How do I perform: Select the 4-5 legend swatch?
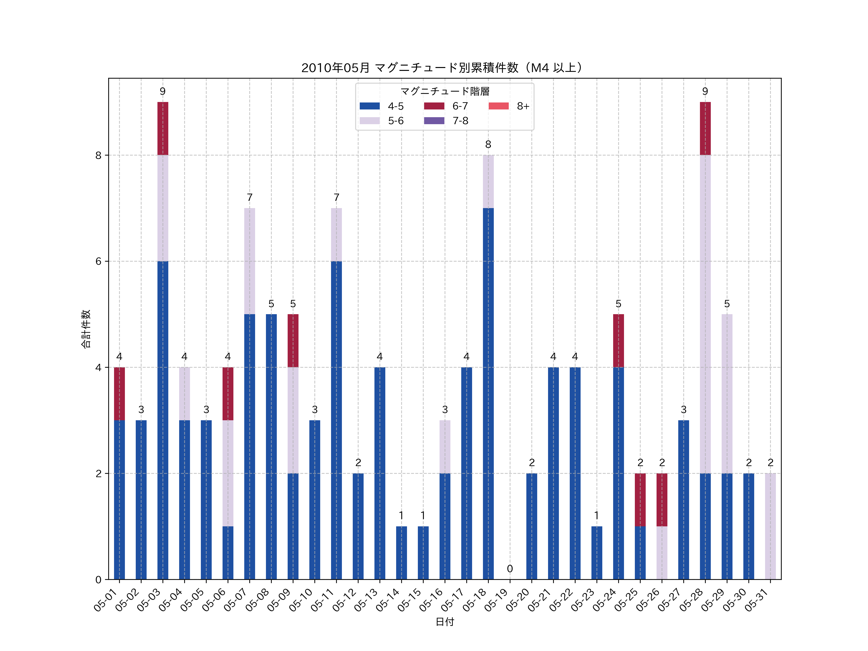click(370, 106)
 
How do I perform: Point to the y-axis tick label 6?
click(98, 261)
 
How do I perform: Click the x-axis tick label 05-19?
click(497, 600)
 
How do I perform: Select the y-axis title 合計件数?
click(86, 329)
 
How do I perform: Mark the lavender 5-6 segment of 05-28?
click(705, 314)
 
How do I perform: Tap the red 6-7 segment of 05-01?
click(119, 393)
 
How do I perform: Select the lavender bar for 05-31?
click(770, 526)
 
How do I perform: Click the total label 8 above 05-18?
click(488, 144)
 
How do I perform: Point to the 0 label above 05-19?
click(510, 569)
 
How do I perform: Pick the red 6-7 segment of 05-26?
click(662, 500)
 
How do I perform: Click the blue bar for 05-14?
click(401, 553)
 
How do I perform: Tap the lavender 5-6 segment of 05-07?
click(250, 261)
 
